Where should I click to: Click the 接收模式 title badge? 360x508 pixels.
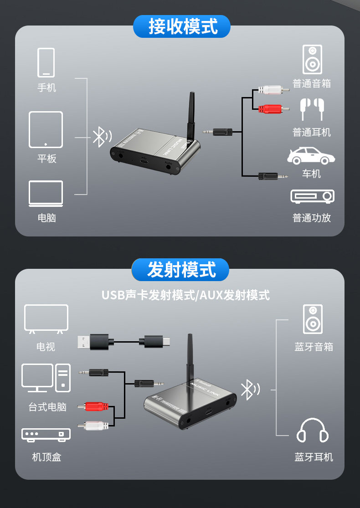point(182,26)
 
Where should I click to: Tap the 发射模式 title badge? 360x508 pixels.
point(180,270)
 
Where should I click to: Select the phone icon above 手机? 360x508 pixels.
point(46,62)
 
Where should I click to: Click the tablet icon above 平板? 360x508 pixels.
point(46,129)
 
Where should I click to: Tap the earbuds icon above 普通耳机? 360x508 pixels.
point(311,109)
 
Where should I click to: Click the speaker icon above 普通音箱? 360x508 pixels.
point(312,59)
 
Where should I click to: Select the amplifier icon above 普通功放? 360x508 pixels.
point(312,196)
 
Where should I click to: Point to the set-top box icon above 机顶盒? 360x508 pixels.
point(46,434)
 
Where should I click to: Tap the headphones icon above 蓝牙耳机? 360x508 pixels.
point(313,430)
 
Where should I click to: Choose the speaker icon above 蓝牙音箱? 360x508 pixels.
point(313,319)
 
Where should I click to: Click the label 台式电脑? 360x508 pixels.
point(47,407)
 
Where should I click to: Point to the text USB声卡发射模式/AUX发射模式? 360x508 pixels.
point(185,295)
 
